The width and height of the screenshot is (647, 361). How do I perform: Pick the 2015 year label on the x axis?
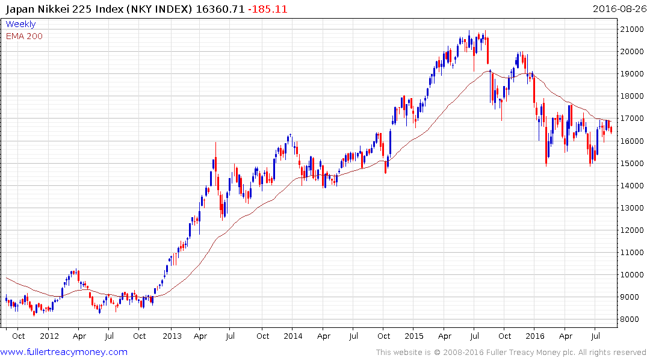(414, 336)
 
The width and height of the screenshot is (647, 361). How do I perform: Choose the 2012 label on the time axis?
(49, 336)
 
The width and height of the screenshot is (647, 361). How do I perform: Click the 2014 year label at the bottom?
(293, 336)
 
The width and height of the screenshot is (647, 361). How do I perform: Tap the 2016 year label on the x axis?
(535, 336)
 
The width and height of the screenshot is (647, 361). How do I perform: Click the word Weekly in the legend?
(20, 24)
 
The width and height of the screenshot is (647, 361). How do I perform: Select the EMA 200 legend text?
(24, 36)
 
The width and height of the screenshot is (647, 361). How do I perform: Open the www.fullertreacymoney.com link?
(64, 352)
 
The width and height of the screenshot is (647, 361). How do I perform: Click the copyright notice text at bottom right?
(511, 353)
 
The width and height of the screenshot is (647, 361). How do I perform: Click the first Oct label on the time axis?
(19, 336)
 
